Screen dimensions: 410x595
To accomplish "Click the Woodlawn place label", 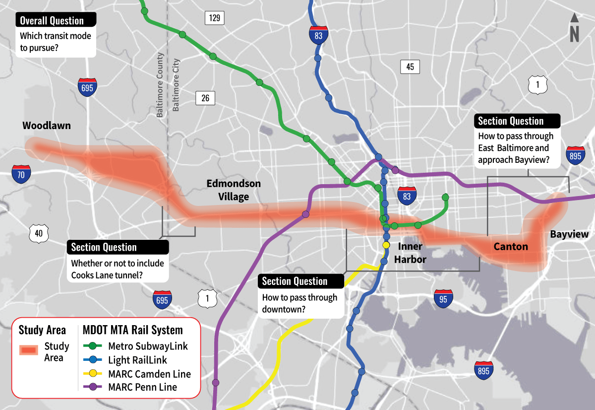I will pos(47,126).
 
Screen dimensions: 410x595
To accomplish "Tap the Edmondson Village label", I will pos(234,190).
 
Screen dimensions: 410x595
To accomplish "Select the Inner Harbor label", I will pos(410,253).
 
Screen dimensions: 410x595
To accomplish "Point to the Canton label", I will pos(511,246).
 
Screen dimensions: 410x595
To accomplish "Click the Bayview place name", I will pos(569,234).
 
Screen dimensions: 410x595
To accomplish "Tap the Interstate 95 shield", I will pos(443,298).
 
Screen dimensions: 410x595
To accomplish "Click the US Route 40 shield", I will pos(38,233).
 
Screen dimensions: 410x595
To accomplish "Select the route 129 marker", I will pos(214,18).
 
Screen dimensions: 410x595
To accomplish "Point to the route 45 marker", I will pos(410,67).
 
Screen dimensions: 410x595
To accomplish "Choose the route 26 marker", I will pos(205,98).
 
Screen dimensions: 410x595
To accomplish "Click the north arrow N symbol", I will pos(574,28).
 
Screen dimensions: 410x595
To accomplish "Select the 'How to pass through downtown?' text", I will pos(299,303).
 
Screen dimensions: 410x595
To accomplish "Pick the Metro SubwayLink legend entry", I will pos(148,346).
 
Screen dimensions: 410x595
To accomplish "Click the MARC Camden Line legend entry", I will pos(149,374).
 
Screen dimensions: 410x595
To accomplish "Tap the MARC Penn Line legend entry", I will pos(142,387).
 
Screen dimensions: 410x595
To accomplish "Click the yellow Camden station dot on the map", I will pos(386,245).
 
